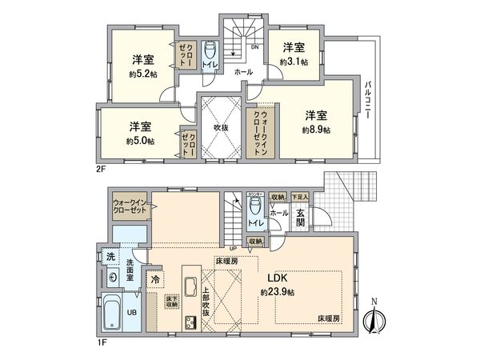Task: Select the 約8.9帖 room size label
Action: (317, 129)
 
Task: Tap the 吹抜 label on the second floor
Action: (220, 126)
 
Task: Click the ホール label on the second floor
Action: (243, 72)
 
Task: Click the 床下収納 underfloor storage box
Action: (172, 302)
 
